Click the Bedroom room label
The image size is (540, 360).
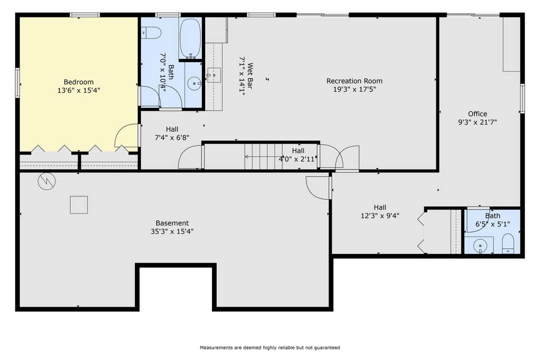(79, 82)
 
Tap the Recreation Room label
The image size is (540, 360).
(354, 81)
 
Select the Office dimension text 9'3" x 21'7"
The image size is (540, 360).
(477, 122)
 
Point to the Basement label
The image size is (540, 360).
(172, 223)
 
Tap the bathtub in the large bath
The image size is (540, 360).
(190, 38)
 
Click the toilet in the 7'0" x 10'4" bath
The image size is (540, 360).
(151, 33)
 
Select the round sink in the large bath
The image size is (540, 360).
(195, 83)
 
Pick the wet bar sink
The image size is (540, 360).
(214, 75)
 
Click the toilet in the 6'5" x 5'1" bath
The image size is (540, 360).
(508, 244)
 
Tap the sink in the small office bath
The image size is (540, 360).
(480, 246)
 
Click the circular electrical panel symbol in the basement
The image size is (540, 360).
(46, 181)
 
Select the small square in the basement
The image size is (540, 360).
(79, 205)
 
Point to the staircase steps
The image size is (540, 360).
(264, 157)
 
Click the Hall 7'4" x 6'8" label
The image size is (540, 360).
(172, 133)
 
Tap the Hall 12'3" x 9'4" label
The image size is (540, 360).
(380, 212)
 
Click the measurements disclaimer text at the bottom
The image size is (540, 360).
(270, 347)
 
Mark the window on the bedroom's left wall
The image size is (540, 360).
(17, 83)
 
